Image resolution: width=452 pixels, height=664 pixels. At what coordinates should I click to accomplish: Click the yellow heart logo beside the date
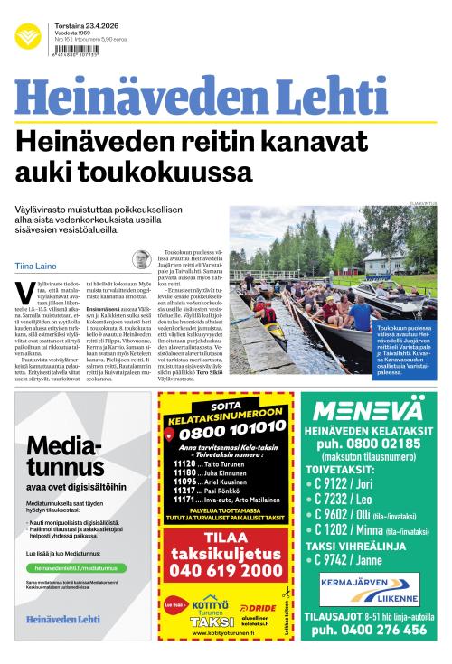click(27, 37)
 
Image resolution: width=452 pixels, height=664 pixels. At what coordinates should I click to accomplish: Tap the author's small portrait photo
click(141, 260)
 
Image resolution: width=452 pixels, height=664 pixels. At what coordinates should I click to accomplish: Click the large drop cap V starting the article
click(24, 292)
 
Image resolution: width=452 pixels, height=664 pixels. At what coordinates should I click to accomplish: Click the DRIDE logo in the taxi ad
click(261, 607)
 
